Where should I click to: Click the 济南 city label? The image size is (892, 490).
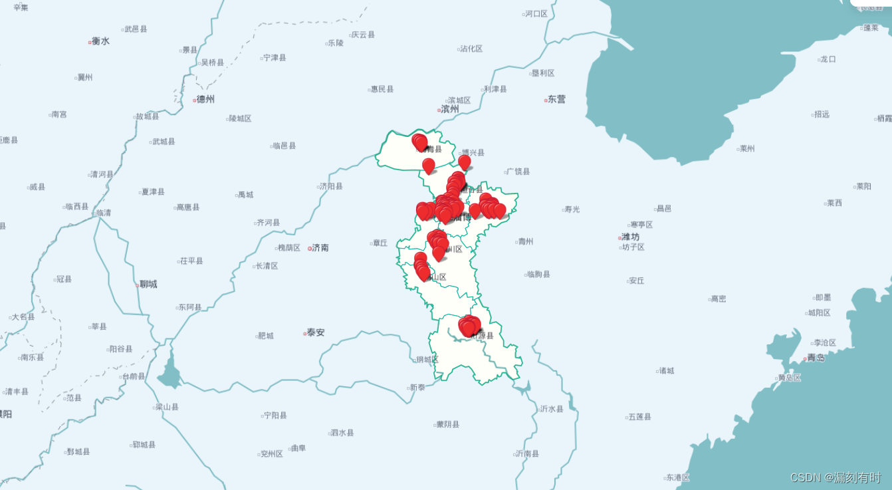tap(320, 248)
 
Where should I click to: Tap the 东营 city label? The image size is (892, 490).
tap(556, 100)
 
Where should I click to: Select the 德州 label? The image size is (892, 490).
tap(205, 100)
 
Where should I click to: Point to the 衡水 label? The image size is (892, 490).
tap(100, 41)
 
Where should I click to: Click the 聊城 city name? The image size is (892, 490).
tap(148, 285)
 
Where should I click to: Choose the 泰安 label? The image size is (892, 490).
tap(315, 332)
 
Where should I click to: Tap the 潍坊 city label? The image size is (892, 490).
tap(629, 237)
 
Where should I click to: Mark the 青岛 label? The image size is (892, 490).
tap(816, 358)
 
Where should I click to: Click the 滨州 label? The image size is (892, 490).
tap(449, 109)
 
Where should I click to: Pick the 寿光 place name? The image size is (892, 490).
tap(571, 209)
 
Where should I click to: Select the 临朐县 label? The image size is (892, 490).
tap(538, 274)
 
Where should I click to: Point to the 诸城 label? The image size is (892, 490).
tap(665, 370)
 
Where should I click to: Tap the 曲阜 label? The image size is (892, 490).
tap(298, 448)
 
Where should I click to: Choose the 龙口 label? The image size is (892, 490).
tap(828, 59)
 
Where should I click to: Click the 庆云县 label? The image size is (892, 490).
tap(363, 35)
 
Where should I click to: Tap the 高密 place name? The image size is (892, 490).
tap(718, 299)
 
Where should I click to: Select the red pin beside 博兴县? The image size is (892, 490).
tap(465, 161)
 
